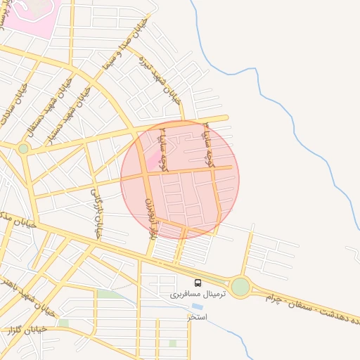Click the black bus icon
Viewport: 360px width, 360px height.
[x=198, y=283]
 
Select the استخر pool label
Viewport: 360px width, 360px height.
[x=198, y=317]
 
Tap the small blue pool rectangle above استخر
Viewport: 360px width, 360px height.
[x=197, y=307]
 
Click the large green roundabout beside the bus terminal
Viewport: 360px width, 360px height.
[x=240, y=286]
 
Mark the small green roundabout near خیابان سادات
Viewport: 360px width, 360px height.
[x=23, y=148]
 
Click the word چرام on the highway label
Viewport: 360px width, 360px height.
[x=276, y=299]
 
